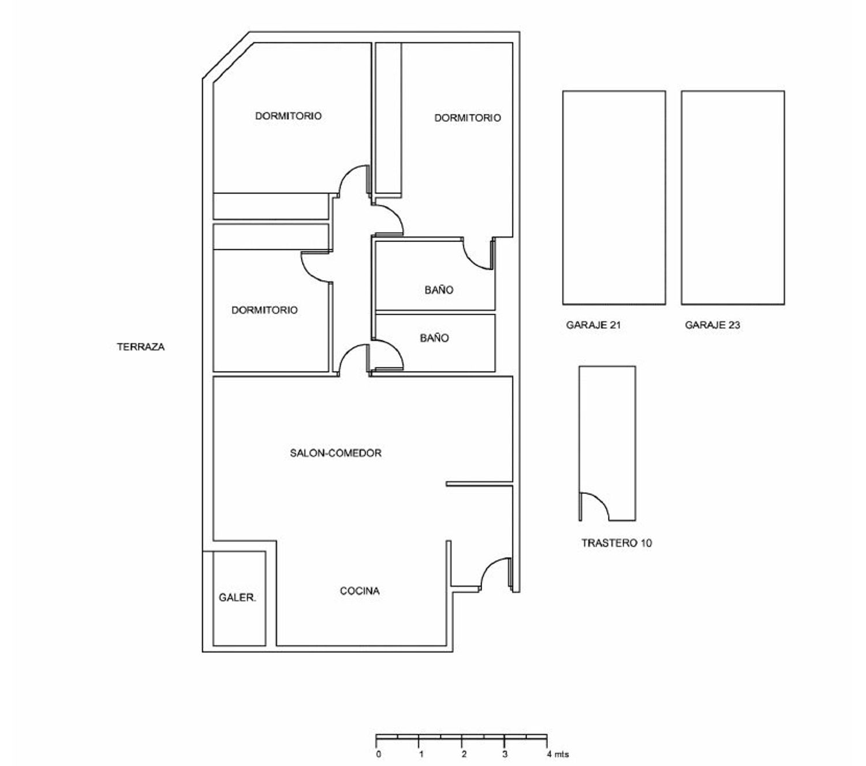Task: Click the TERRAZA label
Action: pyautogui.click(x=141, y=347)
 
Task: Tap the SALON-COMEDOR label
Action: pyautogui.click(x=335, y=453)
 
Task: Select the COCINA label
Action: pyautogui.click(x=360, y=590)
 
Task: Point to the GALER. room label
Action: pyautogui.click(x=237, y=597)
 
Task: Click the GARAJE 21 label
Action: pyautogui.click(x=593, y=325)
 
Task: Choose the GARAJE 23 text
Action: pyautogui.click(x=712, y=325)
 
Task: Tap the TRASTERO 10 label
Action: pyautogui.click(x=617, y=543)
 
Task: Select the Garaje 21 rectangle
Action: pyautogui.click(x=614, y=91)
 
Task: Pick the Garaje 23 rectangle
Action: pyautogui.click(x=733, y=91)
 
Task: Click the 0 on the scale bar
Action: pyautogui.click(x=378, y=754)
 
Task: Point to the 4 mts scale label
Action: pyautogui.click(x=557, y=754)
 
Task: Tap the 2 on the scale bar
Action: pyautogui.click(x=464, y=754)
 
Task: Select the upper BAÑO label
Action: pyautogui.click(x=439, y=290)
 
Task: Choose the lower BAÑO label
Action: pyautogui.click(x=434, y=338)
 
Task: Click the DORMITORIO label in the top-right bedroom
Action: pyautogui.click(x=468, y=118)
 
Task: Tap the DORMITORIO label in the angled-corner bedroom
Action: pyautogui.click(x=288, y=116)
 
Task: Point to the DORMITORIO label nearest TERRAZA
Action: pyautogui.click(x=264, y=310)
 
